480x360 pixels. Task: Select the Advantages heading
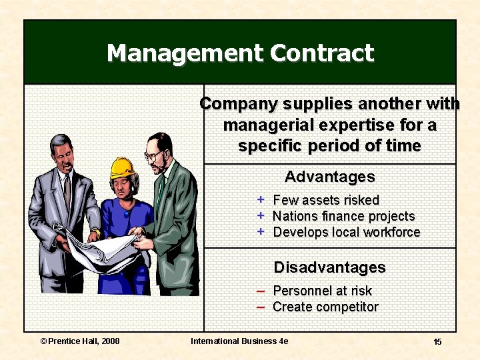pos(329,177)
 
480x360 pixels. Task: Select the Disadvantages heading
pos(329,267)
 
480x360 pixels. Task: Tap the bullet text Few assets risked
pos(326,200)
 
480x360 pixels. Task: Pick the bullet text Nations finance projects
pos(343,216)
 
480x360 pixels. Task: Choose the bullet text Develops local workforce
pos(347,232)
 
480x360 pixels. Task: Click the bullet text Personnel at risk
pos(322,291)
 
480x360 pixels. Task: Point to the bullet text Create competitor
pos(325,307)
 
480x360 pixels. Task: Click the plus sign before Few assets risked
pos(261,199)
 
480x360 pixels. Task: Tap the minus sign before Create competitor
pos(261,307)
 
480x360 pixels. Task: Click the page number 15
pos(437,341)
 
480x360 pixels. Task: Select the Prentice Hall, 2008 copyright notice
pos(80,341)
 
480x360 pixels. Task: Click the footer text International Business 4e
pos(239,341)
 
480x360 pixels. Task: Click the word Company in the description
pos(238,104)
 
